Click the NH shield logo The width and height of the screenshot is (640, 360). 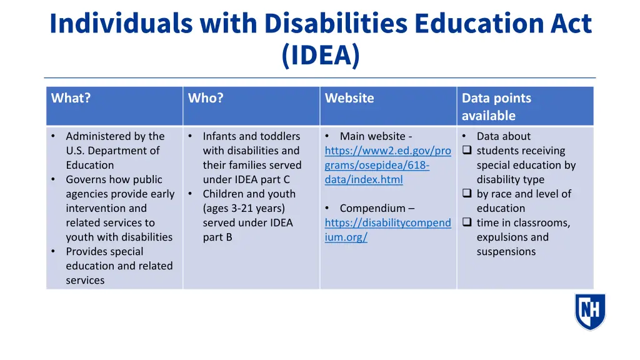590,311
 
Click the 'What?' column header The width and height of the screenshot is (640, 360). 71,98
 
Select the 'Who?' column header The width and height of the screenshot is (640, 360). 206,98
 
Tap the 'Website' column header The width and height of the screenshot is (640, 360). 349,98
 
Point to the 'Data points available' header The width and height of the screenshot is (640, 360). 496,107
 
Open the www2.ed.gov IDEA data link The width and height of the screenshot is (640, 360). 387,165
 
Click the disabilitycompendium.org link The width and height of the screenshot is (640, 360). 387,230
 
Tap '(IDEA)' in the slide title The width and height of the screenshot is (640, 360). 321,55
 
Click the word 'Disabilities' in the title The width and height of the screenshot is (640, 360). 334,23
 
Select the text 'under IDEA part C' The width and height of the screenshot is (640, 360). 246,179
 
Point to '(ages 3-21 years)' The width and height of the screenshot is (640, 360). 244,208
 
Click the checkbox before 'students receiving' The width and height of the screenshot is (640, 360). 466,151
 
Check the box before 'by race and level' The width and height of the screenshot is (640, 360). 466,194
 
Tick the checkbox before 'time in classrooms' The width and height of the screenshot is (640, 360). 466,222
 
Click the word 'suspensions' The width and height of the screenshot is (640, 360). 506,251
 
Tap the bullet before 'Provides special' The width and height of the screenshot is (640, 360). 54,251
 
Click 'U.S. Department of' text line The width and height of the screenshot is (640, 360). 112,151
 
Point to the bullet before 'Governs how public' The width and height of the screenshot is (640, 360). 54,179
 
